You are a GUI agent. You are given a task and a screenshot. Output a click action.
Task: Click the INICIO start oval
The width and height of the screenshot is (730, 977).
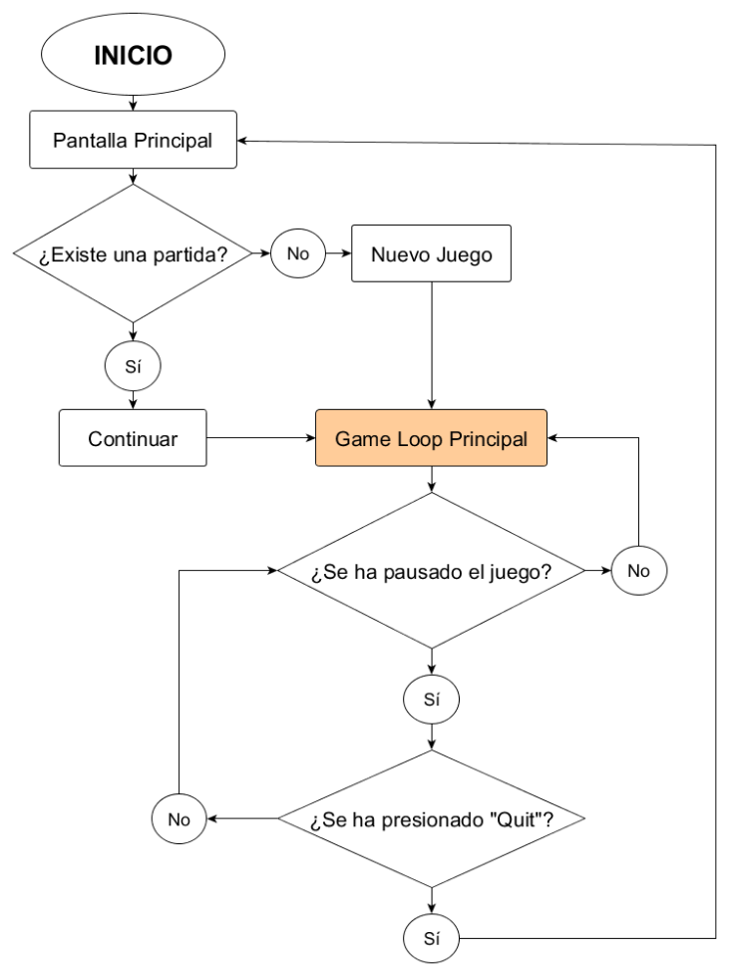133,55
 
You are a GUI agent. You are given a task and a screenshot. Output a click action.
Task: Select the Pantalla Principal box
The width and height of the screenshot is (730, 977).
133,140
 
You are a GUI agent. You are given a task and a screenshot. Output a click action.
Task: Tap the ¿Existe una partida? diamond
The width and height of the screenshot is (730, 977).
133,253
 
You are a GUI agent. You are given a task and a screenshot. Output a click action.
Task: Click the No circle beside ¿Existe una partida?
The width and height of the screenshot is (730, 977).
297,253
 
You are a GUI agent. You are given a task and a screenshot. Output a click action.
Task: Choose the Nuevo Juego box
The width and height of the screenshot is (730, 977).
431,253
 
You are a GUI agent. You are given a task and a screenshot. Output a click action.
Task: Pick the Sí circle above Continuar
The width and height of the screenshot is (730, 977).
133,366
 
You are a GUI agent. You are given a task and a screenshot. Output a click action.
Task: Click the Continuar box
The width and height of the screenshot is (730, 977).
133,438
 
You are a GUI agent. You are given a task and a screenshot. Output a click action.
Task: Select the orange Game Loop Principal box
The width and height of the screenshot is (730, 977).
431,438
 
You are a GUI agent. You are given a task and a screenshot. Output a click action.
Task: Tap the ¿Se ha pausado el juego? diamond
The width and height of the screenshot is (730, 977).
431,572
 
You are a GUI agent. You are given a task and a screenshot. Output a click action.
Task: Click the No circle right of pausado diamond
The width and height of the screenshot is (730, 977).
638,572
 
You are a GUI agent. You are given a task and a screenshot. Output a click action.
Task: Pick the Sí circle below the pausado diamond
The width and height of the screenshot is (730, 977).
431,700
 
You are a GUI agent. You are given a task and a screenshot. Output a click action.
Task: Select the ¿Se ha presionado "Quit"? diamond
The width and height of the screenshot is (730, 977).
431,820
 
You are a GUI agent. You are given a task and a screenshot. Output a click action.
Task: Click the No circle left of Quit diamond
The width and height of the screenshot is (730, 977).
179,820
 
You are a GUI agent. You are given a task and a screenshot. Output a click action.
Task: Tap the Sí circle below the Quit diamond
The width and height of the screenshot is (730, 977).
431,938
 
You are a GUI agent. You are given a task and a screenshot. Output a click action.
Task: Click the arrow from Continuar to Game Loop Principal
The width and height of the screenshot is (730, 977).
261,438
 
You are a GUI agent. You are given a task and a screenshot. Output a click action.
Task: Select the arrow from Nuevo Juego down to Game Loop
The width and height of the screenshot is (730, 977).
431,344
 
